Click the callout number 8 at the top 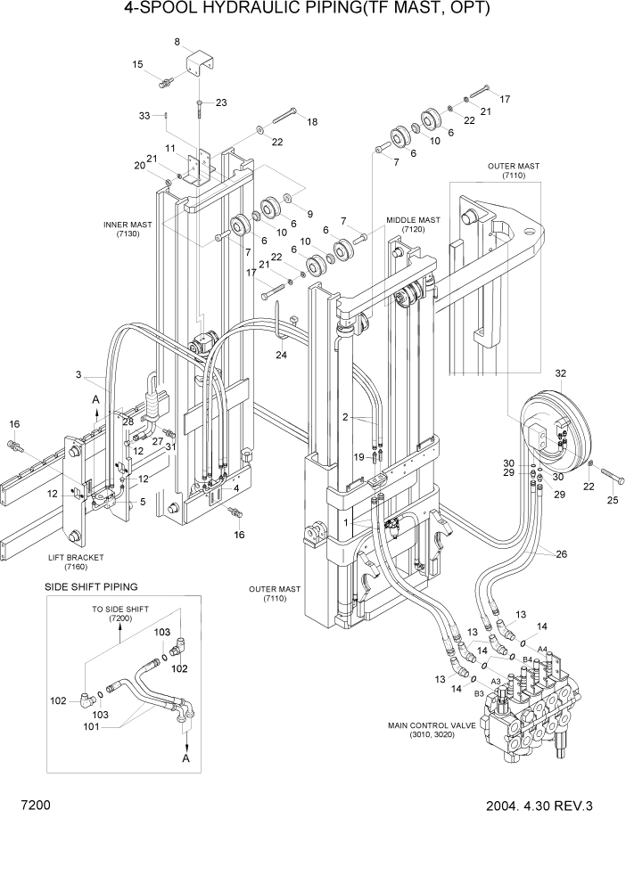pos(177,42)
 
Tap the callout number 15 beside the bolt pos(138,64)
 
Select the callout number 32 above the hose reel pos(561,373)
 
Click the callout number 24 pos(282,355)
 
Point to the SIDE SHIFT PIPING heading pos(91,586)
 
